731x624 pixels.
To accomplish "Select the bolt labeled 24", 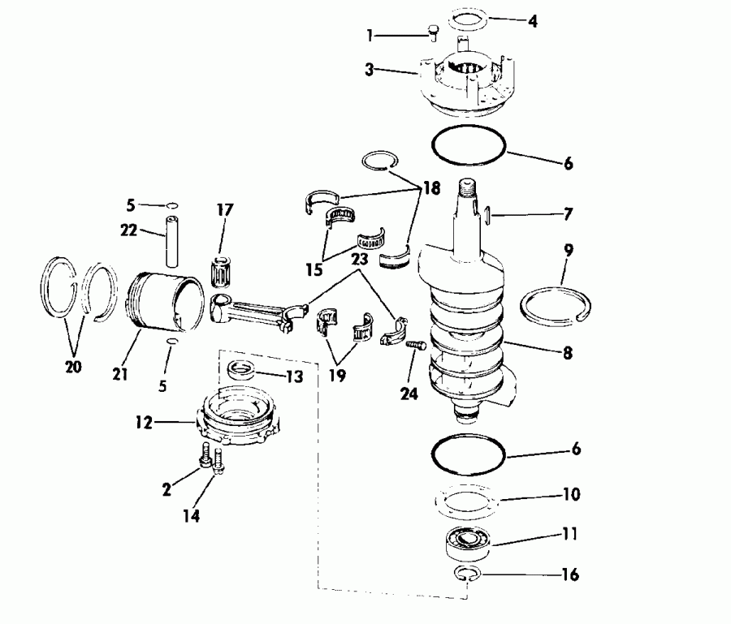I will pos(415,345).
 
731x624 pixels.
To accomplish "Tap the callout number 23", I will pos(360,260).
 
